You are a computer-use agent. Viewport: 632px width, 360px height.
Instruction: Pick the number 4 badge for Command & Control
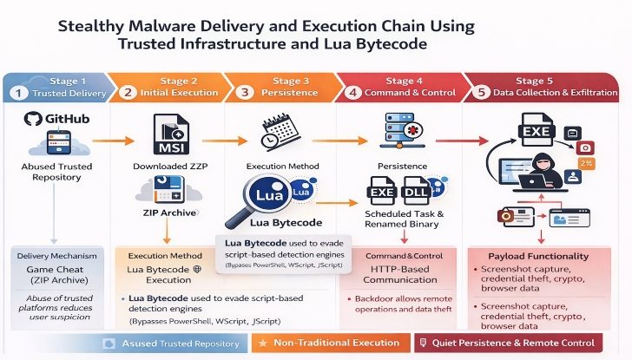coord(353,93)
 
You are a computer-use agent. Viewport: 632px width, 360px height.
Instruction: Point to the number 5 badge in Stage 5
coord(480,93)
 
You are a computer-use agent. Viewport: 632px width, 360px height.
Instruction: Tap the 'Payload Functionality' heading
coord(541,256)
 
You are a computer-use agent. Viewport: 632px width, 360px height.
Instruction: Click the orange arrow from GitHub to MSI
coord(114,139)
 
